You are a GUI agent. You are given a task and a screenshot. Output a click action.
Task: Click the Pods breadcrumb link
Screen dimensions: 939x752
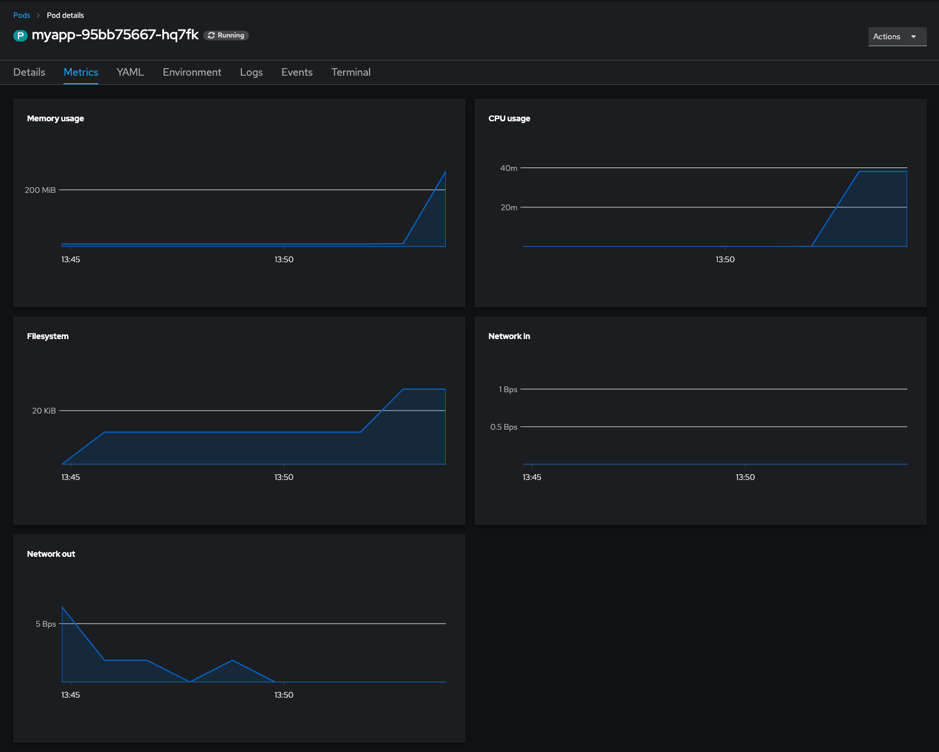(21, 15)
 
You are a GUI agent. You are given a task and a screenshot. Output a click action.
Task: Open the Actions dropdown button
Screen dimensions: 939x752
(897, 36)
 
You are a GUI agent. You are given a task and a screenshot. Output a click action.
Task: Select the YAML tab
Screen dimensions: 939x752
(130, 72)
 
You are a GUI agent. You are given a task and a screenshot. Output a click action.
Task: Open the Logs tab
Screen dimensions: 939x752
(251, 72)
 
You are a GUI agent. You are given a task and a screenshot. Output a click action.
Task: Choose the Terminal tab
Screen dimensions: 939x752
(351, 72)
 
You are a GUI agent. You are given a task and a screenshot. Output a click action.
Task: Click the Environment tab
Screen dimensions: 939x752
(192, 72)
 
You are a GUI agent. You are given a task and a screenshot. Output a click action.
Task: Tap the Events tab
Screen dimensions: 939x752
(297, 72)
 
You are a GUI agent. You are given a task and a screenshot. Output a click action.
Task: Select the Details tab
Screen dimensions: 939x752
(29, 72)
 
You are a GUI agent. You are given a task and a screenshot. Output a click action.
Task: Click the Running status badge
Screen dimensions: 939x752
(226, 35)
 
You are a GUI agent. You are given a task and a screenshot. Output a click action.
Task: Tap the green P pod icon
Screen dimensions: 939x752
(21, 35)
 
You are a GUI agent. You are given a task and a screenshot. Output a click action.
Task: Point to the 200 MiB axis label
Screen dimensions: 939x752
(40, 190)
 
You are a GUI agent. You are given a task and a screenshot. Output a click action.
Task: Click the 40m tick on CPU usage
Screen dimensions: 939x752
(509, 168)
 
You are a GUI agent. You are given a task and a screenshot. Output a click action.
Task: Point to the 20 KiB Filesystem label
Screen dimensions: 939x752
(44, 411)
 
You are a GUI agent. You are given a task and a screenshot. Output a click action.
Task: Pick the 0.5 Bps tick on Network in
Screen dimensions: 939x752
(504, 427)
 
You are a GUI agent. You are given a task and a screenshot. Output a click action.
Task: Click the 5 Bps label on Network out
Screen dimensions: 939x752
(46, 624)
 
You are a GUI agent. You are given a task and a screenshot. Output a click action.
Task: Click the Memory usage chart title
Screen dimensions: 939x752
(55, 118)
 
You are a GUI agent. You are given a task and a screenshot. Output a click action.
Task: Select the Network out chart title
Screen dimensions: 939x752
(51, 554)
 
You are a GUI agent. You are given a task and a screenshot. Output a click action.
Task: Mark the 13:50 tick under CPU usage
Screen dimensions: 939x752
(725, 259)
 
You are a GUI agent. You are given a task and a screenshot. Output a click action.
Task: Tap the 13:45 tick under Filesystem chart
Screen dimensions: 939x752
(70, 477)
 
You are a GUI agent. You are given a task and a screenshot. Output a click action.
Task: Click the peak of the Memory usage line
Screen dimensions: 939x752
(445, 172)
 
